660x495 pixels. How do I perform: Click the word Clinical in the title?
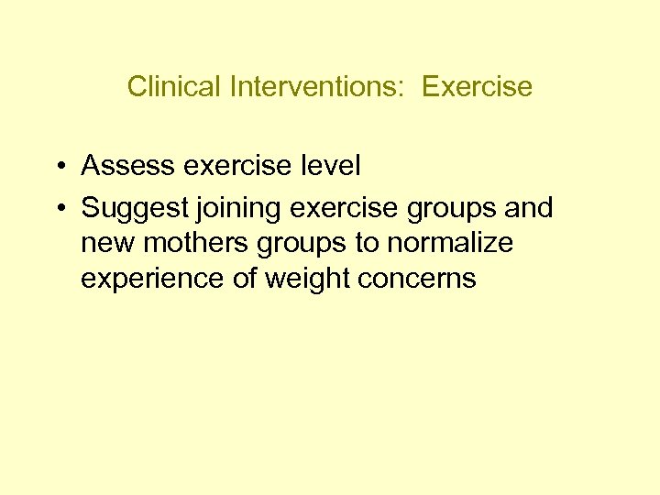(161, 86)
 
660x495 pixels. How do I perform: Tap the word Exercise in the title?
(477, 86)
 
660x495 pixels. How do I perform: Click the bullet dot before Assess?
(58, 167)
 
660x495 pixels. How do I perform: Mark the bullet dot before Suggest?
(58, 209)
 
